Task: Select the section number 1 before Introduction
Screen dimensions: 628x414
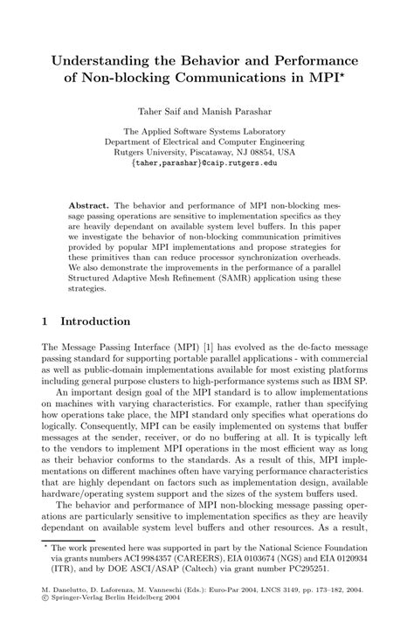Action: point(45,321)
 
